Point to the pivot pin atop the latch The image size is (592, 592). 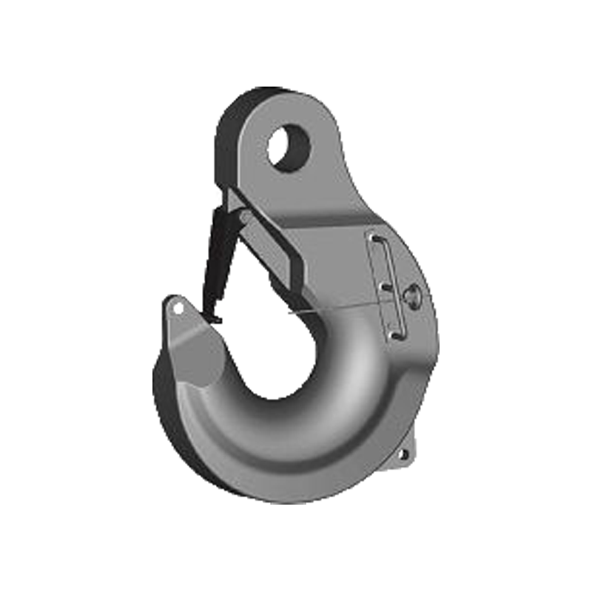[x=244, y=216]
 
